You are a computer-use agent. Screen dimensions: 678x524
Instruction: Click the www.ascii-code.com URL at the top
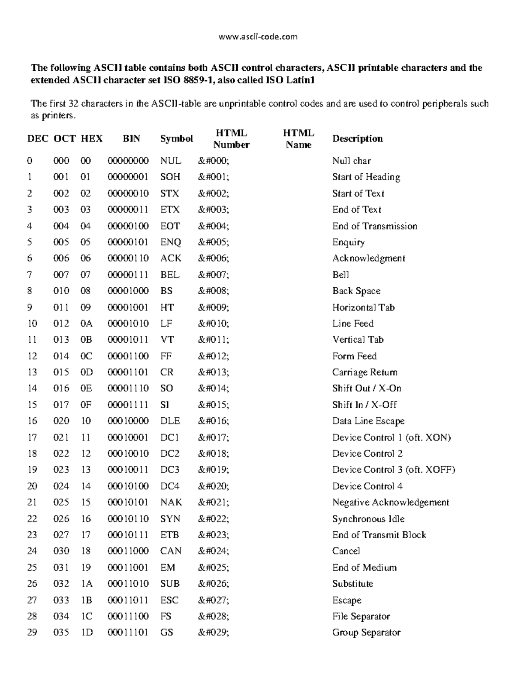click(x=258, y=37)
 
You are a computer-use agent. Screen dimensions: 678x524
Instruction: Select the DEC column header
click(x=38, y=139)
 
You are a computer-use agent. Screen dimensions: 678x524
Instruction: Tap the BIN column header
click(x=131, y=139)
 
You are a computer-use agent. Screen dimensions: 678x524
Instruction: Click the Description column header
click(x=357, y=139)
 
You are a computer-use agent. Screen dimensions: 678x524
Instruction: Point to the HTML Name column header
click(x=298, y=139)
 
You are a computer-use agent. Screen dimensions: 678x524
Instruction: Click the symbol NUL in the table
click(x=170, y=161)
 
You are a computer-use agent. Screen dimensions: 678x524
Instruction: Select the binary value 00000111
click(x=128, y=275)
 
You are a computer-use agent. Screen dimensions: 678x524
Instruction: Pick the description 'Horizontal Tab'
click(x=363, y=307)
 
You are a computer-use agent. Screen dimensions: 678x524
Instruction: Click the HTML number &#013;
click(x=213, y=372)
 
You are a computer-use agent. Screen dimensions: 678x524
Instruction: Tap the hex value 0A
click(x=86, y=324)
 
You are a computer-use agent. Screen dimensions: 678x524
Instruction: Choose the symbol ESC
click(x=169, y=600)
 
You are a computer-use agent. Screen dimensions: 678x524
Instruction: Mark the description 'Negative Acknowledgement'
click(x=390, y=502)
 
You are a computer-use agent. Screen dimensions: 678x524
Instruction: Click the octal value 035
click(x=61, y=633)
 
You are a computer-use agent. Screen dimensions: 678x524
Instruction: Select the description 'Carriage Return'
click(x=365, y=372)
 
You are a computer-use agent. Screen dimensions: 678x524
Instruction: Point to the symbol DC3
click(x=170, y=470)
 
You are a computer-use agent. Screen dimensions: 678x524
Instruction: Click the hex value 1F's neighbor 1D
click(x=87, y=633)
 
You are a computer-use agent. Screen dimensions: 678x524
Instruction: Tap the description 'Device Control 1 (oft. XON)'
click(x=391, y=437)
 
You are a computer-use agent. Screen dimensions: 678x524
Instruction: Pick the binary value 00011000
click(x=128, y=551)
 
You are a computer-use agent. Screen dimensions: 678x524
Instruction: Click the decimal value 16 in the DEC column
click(x=32, y=421)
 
